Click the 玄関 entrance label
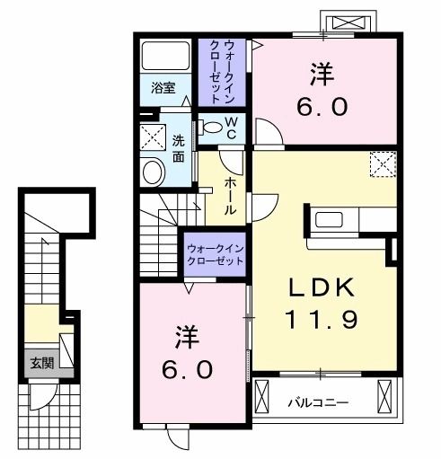tap(40, 363)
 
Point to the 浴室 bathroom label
tap(163, 89)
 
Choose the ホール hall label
tap(230, 195)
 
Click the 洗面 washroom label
tap(179, 148)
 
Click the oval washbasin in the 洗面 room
tap(154, 171)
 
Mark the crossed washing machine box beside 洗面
tap(151, 137)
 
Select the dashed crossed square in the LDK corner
tap(384, 164)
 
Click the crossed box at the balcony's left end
tap(263, 396)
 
